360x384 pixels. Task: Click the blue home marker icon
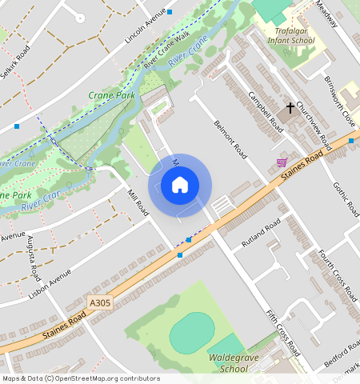point(180,186)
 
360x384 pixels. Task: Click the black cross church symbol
point(290,106)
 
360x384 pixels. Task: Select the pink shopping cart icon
point(281,162)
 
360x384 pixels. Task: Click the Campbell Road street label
point(265,112)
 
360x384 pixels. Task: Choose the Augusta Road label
point(34,257)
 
